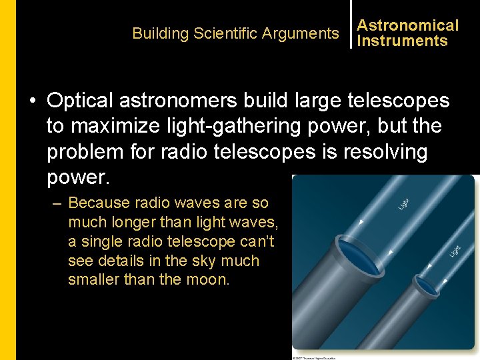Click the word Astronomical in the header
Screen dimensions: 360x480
pos(407,25)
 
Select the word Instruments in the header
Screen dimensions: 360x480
pos(402,41)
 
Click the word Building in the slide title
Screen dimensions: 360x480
pos(159,33)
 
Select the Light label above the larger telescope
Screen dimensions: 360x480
pos(405,204)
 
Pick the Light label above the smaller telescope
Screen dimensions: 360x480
pos(455,250)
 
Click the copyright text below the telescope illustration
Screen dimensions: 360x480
pos(314,357)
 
